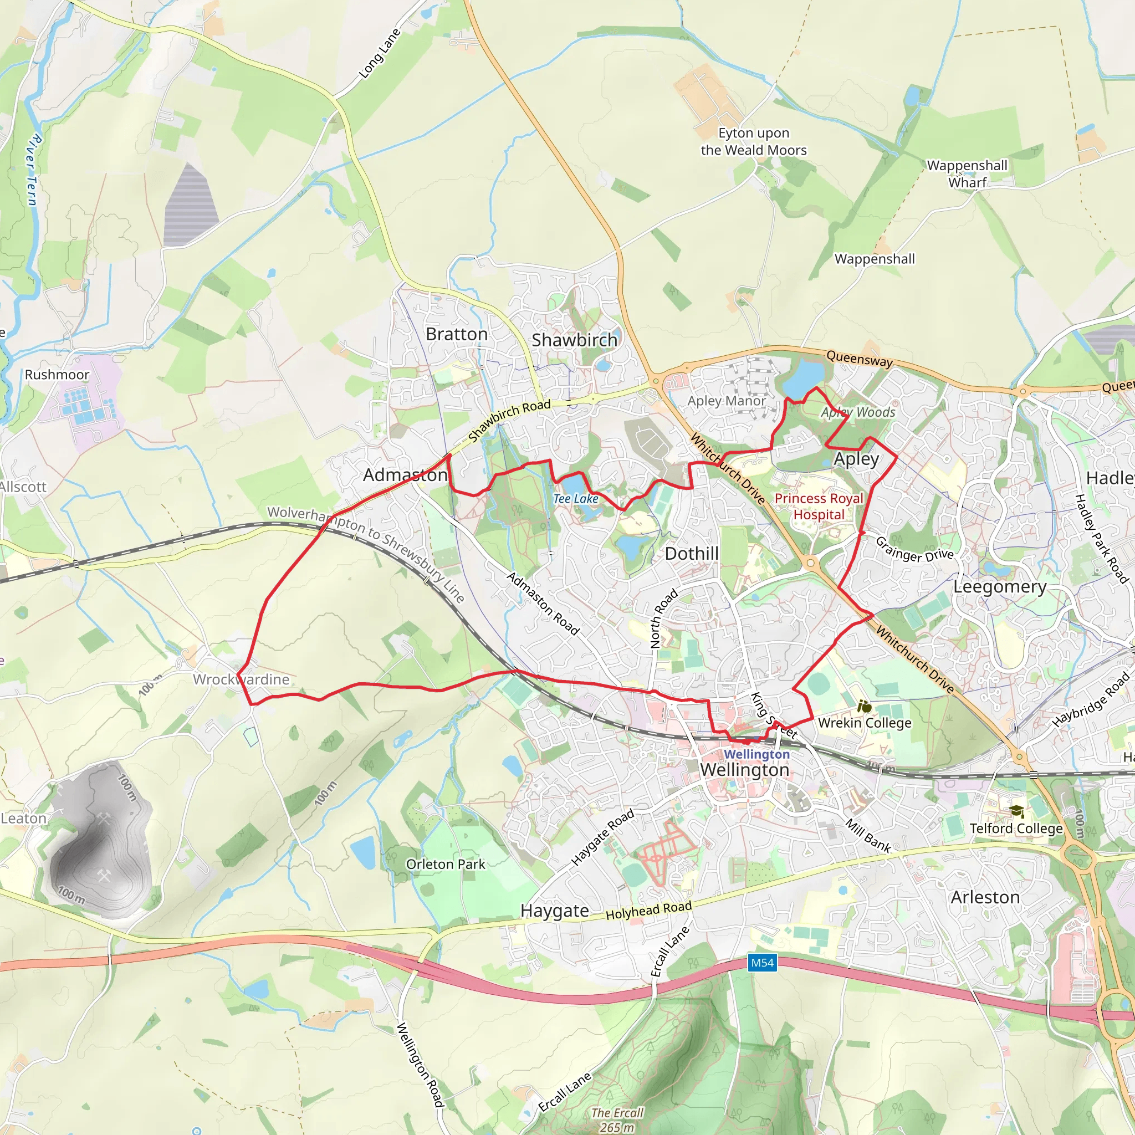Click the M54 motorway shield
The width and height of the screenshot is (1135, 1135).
click(763, 963)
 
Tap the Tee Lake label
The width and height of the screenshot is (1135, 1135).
click(576, 499)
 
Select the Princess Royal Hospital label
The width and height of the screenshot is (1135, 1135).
click(819, 507)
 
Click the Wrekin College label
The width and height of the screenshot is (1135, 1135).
click(865, 723)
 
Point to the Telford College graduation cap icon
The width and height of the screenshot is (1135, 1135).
click(1017, 811)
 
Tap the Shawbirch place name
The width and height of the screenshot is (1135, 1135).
click(574, 340)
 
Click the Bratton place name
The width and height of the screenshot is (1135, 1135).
click(457, 334)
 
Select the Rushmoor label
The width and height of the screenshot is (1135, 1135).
click(57, 375)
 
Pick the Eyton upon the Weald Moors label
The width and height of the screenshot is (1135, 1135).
click(754, 141)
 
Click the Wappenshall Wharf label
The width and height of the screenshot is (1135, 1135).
click(967, 174)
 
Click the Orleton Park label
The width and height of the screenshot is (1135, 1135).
click(446, 864)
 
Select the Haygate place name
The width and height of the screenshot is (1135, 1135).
click(555, 911)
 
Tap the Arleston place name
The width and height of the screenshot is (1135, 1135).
click(985, 898)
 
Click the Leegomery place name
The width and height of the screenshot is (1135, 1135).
click(999, 587)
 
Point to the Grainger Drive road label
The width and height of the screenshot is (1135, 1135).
click(914, 549)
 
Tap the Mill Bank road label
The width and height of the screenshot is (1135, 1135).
click(868, 835)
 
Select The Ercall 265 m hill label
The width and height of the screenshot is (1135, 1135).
click(617, 1119)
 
